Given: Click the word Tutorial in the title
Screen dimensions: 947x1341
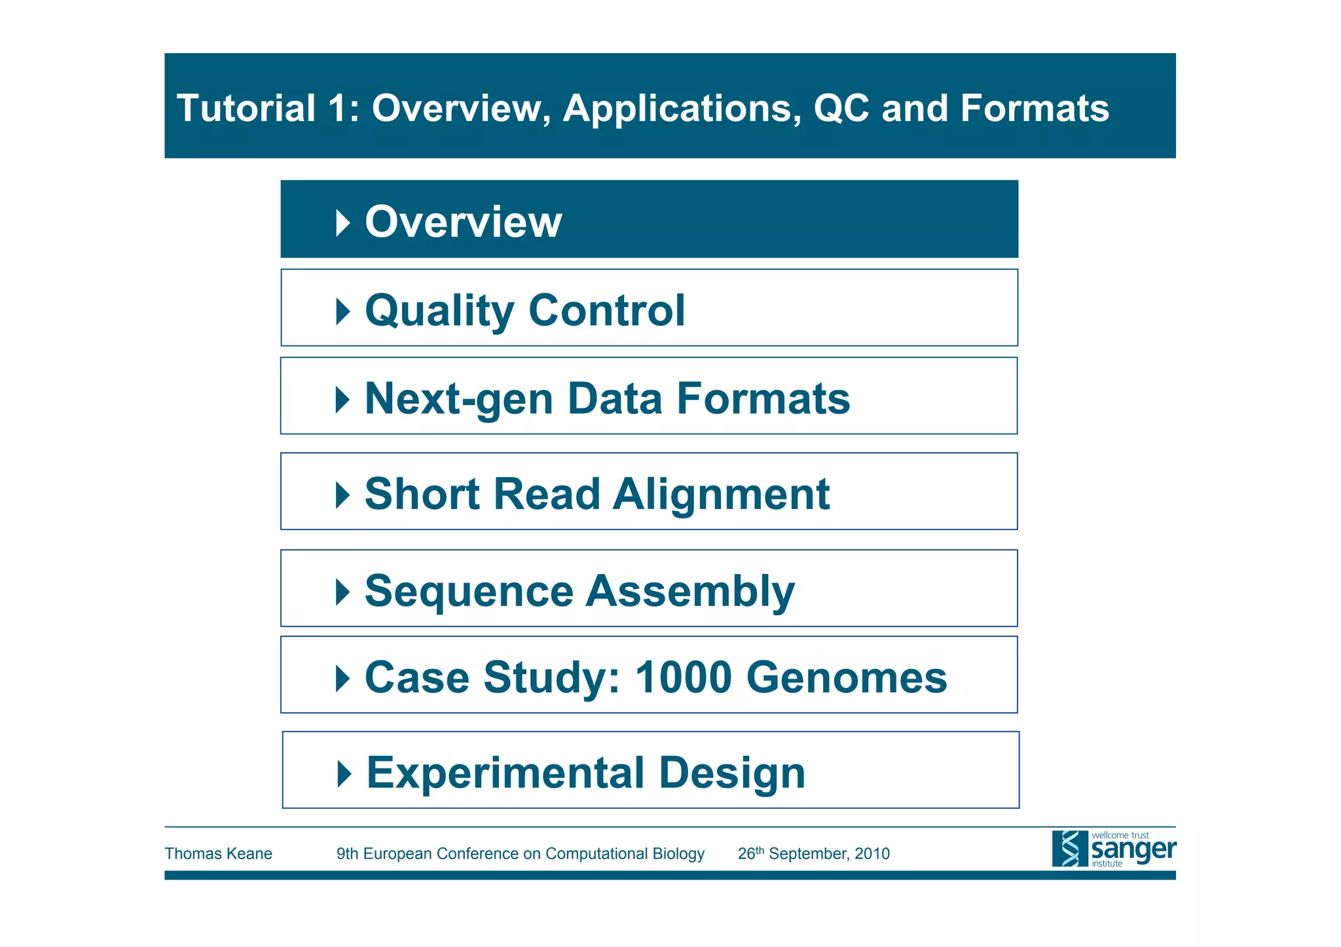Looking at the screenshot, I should point(246,108).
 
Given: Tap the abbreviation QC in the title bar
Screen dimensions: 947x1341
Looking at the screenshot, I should point(841,109).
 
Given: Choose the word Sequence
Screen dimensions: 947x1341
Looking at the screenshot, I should point(469,591).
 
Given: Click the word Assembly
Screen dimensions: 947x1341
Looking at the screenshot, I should point(690,591).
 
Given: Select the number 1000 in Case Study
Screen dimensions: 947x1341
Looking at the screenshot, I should point(684,677).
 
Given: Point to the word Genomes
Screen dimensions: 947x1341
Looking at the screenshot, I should point(846,677).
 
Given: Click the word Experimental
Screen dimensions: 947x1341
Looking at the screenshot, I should point(506,773).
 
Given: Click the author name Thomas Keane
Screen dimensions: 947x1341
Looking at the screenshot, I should point(218,853).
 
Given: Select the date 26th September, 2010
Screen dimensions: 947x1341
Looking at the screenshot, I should point(813,853).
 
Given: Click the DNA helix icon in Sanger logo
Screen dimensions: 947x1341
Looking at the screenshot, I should point(1069,849).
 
